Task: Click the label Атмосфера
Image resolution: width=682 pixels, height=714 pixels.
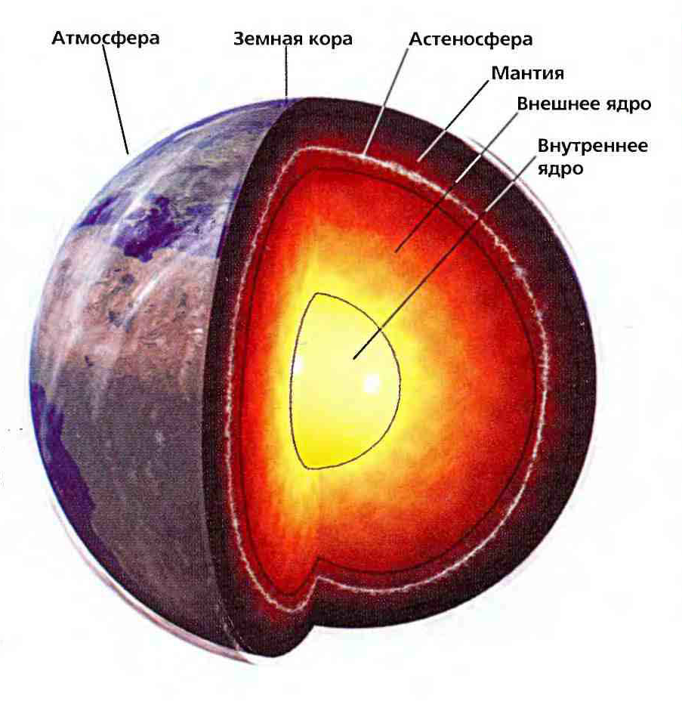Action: [105, 37]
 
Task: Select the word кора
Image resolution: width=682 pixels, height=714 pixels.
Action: [330, 39]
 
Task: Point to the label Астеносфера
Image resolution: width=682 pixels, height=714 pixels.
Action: [471, 39]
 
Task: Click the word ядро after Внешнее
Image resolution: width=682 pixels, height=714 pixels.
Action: [624, 104]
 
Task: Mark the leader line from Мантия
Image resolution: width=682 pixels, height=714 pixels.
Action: [453, 121]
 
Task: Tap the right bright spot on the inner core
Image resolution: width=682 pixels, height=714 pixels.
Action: [371, 383]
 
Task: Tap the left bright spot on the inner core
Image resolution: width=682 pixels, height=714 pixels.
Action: [298, 365]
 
